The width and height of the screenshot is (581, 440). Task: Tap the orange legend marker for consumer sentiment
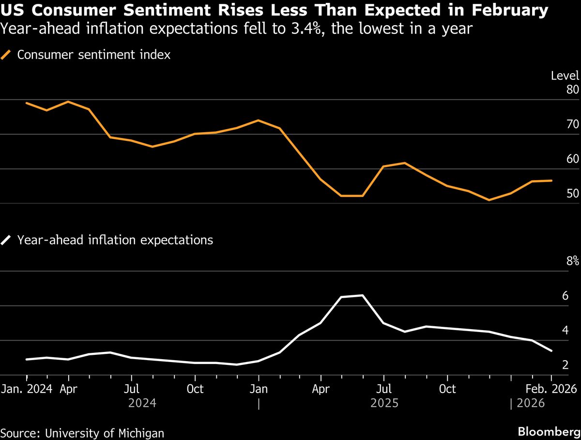[x=7, y=55]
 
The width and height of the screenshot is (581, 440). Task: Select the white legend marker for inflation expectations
[x=7, y=240]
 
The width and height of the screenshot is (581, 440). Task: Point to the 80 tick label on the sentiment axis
[x=572, y=90]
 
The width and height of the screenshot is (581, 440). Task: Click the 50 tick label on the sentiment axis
[x=572, y=194]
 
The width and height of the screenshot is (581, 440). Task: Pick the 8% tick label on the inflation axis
[x=572, y=261]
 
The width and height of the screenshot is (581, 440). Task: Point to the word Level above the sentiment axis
[x=565, y=76]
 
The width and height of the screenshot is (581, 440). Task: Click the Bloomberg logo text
[x=549, y=431]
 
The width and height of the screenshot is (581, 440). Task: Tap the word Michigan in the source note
[x=143, y=433]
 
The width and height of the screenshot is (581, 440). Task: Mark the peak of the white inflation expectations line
[x=363, y=295]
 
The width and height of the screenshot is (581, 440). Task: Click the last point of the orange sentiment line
[x=551, y=181]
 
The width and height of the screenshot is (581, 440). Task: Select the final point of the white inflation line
[x=551, y=350]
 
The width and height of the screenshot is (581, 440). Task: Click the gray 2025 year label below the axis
[x=384, y=403]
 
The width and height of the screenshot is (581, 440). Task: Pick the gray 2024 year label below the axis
[x=142, y=403]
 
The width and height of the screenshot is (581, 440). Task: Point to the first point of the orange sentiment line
[x=27, y=103]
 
